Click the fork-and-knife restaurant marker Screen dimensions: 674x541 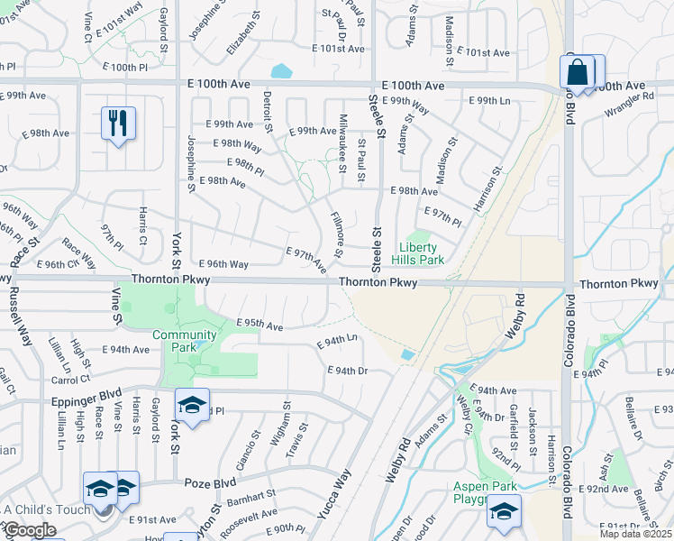click(x=118, y=124)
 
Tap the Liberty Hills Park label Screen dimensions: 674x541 click(x=418, y=253)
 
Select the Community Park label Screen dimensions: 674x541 click(x=185, y=341)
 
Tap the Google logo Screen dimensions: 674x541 click(x=31, y=530)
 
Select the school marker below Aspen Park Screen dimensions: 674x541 click(x=504, y=513)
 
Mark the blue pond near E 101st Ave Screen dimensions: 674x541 click(x=282, y=69)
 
